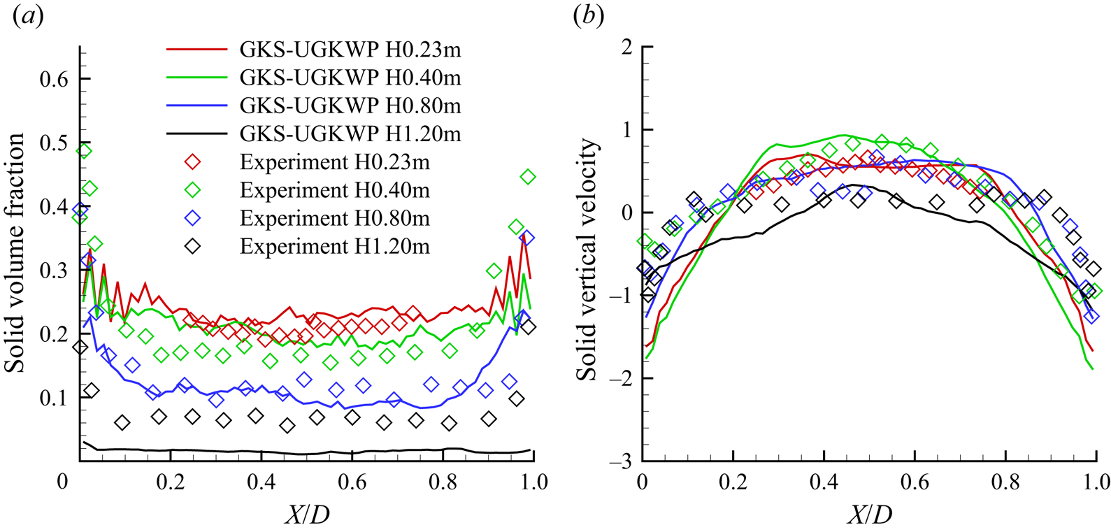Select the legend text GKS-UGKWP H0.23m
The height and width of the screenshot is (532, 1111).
tap(350, 50)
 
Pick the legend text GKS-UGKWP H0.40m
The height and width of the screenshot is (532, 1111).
tap(350, 78)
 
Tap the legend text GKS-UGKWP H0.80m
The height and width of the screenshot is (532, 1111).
tap(350, 106)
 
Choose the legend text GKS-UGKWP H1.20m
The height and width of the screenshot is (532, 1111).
tap(350, 134)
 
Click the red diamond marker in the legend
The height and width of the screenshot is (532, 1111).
tap(192, 162)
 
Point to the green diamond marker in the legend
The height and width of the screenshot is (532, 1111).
tap(192, 190)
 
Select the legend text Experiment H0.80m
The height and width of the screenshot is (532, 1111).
tap(334, 218)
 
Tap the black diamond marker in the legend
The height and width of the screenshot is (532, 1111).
tap(192, 246)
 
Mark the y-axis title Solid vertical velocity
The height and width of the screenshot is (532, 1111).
tap(587, 259)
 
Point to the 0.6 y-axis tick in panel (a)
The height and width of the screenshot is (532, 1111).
tap(54, 79)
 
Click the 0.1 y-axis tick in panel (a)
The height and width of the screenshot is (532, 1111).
tap(54, 398)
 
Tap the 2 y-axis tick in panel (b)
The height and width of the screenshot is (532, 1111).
tap(626, 47)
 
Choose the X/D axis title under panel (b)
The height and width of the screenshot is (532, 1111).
tap(870, 515)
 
